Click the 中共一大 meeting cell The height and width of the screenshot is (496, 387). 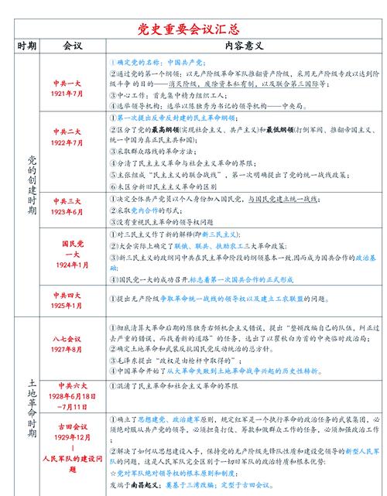point(68,87)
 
